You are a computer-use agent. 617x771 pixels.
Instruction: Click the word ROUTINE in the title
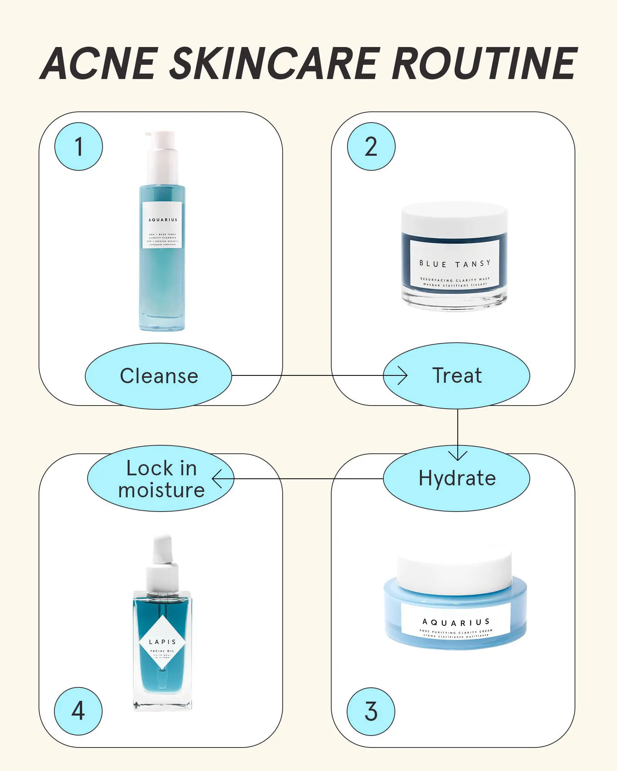[484, 64]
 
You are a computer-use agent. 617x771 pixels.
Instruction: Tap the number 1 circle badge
[79, 146]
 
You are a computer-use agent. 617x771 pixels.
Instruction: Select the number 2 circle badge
[371, 146]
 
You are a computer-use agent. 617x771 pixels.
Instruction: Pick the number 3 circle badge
[371, 711]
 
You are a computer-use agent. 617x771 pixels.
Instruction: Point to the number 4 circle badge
[78, 711]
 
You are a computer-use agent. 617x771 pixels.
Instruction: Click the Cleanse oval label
[158, 376]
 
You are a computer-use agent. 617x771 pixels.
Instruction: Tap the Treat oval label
[457, 376]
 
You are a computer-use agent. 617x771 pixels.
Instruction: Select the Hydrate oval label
[457, 478]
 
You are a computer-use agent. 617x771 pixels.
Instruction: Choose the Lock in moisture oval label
[161, 479]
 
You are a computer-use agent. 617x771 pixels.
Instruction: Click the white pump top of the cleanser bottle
[162, 156]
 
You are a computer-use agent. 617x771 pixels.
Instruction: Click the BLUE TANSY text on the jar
[455, 264]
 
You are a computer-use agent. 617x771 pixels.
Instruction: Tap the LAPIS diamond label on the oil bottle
[162, 642]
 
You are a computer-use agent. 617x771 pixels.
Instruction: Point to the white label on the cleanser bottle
[162, 225]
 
